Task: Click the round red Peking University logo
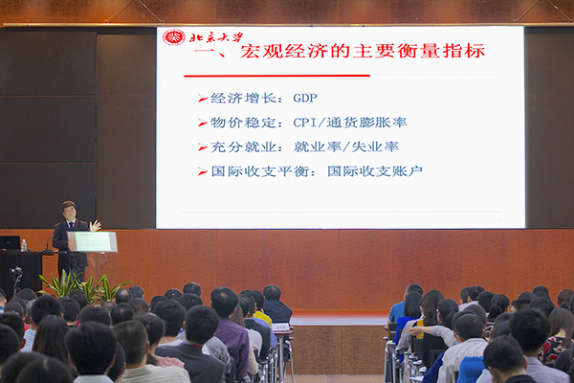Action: (173, 37)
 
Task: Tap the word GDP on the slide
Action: (305, 98)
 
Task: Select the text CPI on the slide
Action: (304, 123)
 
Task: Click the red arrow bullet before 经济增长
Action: (203, 99)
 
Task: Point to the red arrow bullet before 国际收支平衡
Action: (203, 171)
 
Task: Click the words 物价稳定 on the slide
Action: (243, 123)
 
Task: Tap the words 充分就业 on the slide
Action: (243, 146)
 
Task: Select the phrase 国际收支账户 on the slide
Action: (375, 171)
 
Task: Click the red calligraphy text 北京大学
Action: (216, 37)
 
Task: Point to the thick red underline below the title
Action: (276, 76)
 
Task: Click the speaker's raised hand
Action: (95, 225)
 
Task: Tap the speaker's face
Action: (69, 212)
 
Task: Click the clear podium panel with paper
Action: (92, 241)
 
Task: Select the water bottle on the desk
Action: (23, 245)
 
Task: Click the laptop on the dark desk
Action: (10, 243)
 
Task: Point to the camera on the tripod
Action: (16, 272)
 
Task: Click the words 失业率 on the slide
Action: (375, 146)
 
